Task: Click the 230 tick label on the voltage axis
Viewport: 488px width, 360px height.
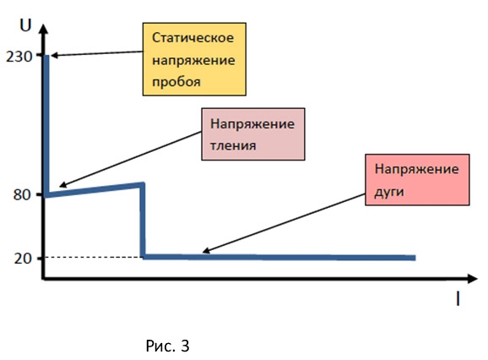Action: pyautogui.click(x=19, y=57)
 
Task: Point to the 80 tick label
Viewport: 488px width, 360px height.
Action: pyautogui.click(x=23, y=194)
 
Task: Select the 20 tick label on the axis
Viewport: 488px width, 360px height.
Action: pyautogui.click(x=23, y=258)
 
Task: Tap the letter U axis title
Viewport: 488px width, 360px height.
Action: pyautogui.click(x=25, y=25)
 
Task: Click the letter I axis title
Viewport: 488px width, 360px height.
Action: pyautogui.click(x=458, y=298)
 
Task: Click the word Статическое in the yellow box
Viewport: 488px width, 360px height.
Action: pyautogui.click(x=192, y=38)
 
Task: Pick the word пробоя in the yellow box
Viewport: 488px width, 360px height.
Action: pyautogui.click(x=176, y=82)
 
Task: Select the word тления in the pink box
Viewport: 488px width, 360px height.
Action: pyautogui.click(x=233, y=145)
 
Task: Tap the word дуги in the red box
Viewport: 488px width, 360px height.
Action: pyautogui.click(x=389, y=192)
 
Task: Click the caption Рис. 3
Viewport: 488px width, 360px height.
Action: pyautogui.click(x=167, y=346)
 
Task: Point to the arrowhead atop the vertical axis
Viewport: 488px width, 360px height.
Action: pyautogui.click(x=44, y=28)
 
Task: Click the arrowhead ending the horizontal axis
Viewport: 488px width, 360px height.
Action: pyautogui.click(x=472, y=279)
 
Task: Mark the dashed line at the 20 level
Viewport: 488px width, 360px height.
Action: pyautogui.click(x=93, y=257)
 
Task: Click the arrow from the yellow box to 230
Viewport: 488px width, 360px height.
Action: pyautogui.click(x=97, y=53)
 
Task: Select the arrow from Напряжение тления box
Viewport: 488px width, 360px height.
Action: pyautogui.click(x=130, y=160)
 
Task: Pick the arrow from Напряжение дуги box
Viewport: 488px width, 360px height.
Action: pyautogui.click(x=283, y=223)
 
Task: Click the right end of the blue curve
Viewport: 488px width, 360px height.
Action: pyautogui.click(x=415, y=258)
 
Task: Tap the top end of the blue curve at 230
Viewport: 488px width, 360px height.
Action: pyautogui.click(x=46, y=56)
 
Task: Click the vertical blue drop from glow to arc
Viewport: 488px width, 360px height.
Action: pyautogui.click(x=143, y=221)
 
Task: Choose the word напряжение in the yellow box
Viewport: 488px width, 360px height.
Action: pyautogui.click(x=193, y=60)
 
